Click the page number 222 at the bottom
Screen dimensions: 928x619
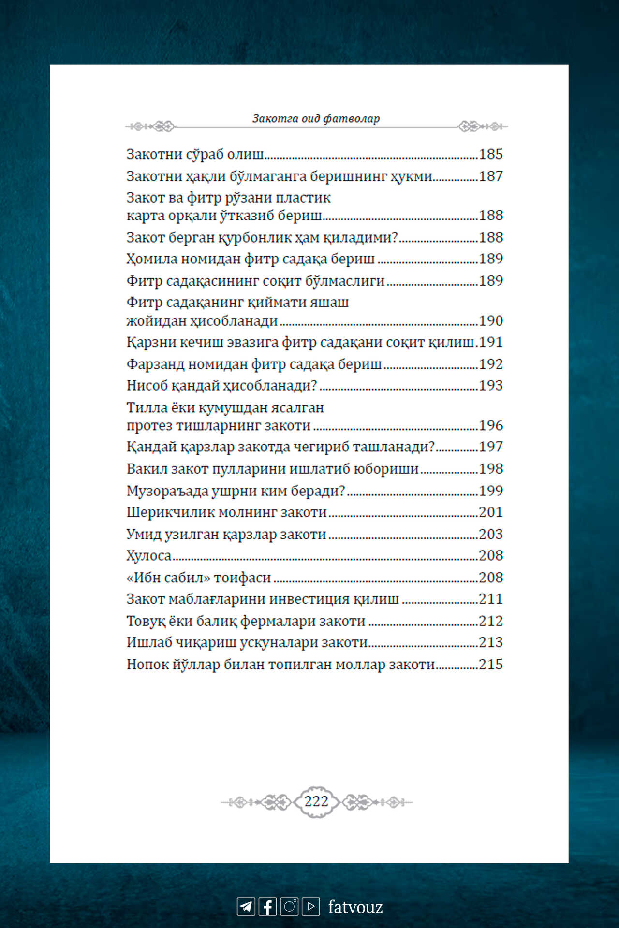click(316, 801)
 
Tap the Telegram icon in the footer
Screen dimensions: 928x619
click(246, 906)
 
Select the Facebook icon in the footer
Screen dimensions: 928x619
click(267, 906)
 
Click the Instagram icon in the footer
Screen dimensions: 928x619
click(289, 906)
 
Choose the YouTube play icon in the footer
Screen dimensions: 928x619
click(311, 906)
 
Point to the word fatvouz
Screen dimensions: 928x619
click(355, 907)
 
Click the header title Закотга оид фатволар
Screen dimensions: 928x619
click(316, 118)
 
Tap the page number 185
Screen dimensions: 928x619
click(491, 154)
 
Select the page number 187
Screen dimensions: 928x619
click(491, 176)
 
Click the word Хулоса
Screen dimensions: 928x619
click(149, 556)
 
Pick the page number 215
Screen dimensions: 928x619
click(491, 665)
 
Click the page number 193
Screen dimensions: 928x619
click(491, 386)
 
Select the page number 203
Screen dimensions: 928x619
click(491, 534)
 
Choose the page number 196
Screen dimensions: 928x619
click(491, 425)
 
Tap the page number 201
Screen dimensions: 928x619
click(491, 512)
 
